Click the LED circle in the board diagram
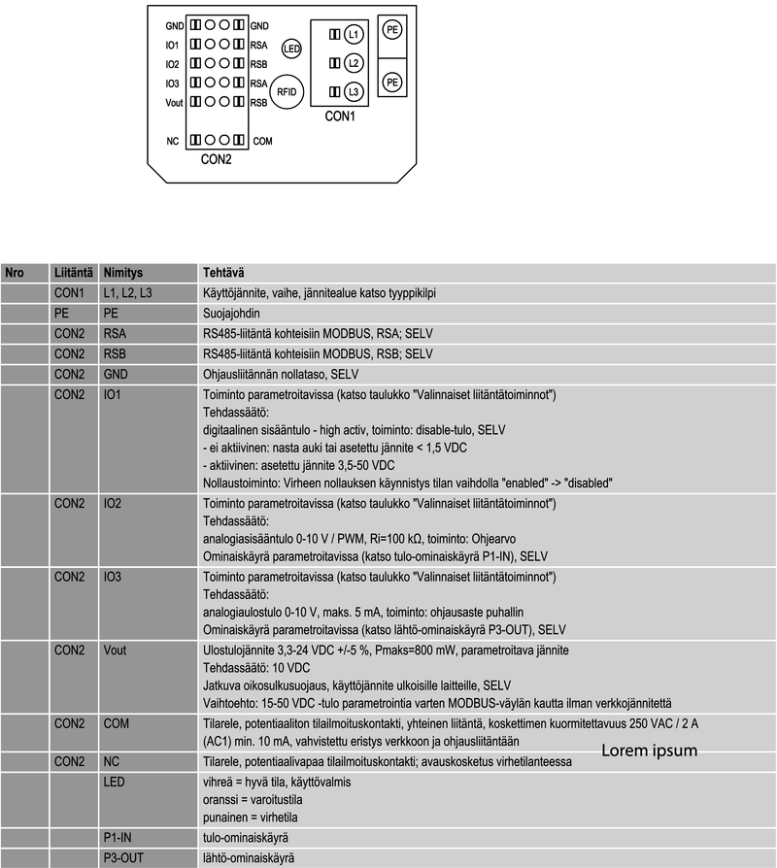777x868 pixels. [x=291, y=48]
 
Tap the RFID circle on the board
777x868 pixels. [x=287, y=91]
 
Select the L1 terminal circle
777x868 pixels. [x=354, y=35]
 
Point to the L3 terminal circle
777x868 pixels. [x=354, y=91]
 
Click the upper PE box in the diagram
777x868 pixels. [x=392, y=31]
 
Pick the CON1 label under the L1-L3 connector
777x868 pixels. [x=340, y=117]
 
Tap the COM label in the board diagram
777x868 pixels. [x=262, y=141]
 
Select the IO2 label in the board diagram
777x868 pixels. [x=172, y=63]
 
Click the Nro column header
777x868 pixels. [x=15, y=274]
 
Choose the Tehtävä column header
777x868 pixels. [x=221, y=274]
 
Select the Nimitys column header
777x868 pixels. [x=122, y=274]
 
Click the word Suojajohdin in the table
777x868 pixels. [x=231, y=315]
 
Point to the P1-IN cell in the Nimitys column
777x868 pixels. [x=118, y=836]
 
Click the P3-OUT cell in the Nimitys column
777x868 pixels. [x=122, y=857]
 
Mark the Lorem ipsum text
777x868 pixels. [x=649, y=751]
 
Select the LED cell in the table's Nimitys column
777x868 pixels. [x=113, y=782]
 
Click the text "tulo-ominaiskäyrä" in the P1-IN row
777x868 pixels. [x=245, y=836]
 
